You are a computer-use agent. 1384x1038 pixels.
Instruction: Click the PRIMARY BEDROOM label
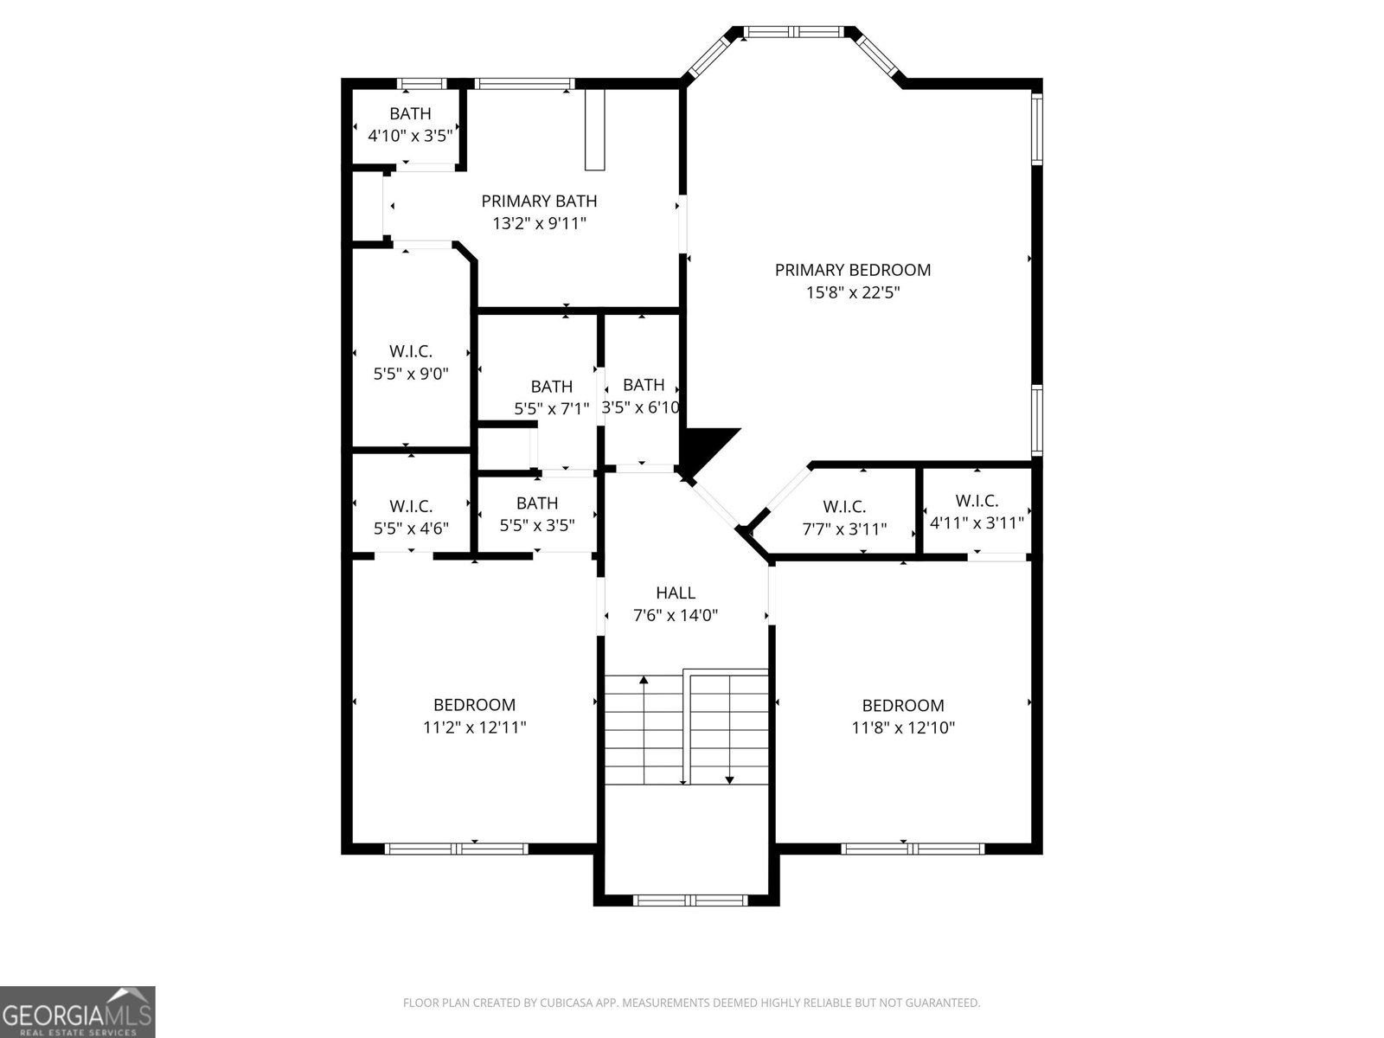click(x=852, y=270)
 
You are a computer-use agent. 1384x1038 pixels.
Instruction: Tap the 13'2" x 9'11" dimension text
click(x=539, y=223)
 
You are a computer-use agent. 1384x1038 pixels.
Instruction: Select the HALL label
click(x=675, y=593)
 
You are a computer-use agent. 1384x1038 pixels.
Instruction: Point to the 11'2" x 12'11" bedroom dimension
click(x=474, y=727)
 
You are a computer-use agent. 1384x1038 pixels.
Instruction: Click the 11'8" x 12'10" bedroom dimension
click(x=903, y=727)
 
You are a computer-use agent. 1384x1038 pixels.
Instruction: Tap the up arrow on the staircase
click(x=644, y=682)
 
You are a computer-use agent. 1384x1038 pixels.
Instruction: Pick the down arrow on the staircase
click(x=729, y=778)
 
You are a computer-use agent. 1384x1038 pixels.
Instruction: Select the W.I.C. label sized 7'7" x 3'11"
click(x=844, y=507)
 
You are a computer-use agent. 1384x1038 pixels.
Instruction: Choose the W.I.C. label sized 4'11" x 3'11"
click(x=977, y=501)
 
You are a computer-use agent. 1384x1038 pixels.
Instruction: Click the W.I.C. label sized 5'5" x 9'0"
click(x=410, y=351)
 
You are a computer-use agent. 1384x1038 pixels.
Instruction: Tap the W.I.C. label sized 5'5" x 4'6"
click(x=410, y=506)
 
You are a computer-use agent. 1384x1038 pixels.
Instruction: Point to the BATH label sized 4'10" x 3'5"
click(x=410, y=113)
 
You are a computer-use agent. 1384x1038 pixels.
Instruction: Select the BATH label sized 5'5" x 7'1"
click(x=551, y=387)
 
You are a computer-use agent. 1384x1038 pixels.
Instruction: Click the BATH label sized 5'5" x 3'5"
click(x=537, y=503)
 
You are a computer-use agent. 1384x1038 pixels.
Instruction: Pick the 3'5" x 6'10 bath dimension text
click(x=641, y=407)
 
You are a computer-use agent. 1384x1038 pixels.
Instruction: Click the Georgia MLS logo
click(x=77, y=1012)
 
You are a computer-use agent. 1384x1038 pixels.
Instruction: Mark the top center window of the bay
click(x=794, y=32)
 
